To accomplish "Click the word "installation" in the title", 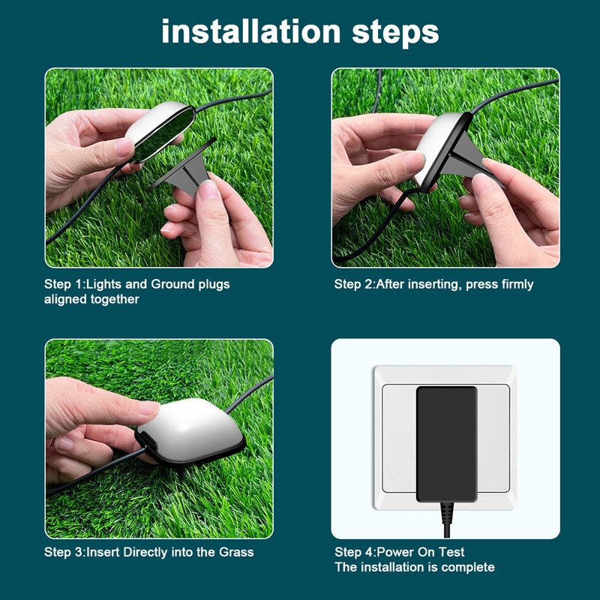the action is [x=251, y=31].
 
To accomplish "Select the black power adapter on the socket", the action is [x=446, y=444].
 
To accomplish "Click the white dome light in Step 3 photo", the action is [x=190, y=431].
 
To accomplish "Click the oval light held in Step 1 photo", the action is [x=160, y=130].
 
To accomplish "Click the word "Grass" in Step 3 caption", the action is [x=236, y=552].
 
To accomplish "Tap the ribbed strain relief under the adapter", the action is [x=446, y=513].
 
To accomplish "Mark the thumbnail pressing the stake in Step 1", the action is [x=208, y=189].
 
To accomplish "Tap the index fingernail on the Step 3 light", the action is [x=149, y=408].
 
